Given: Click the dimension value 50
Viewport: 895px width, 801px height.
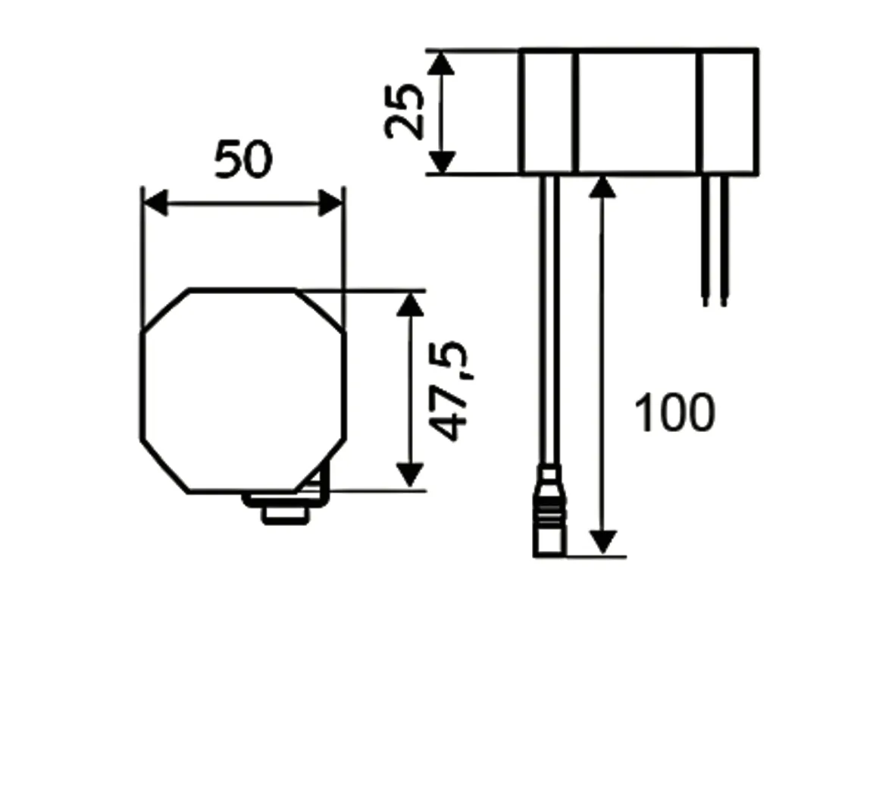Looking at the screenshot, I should [243, 160].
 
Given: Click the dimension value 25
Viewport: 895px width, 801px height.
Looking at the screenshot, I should [404, 111].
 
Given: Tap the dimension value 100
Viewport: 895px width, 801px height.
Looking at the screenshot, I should [674, 414].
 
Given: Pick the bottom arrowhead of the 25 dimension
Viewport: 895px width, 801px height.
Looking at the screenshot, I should [442, 162].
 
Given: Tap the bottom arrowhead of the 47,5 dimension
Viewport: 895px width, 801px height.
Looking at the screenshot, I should [410, 475].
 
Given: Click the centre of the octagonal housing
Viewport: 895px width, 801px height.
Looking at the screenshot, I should [243, 390].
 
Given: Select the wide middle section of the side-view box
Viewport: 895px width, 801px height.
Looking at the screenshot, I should [637, 112].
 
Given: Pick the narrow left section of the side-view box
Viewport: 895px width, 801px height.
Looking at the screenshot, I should [549, 112].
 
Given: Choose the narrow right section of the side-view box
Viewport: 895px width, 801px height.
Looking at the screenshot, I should [728, 112].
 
